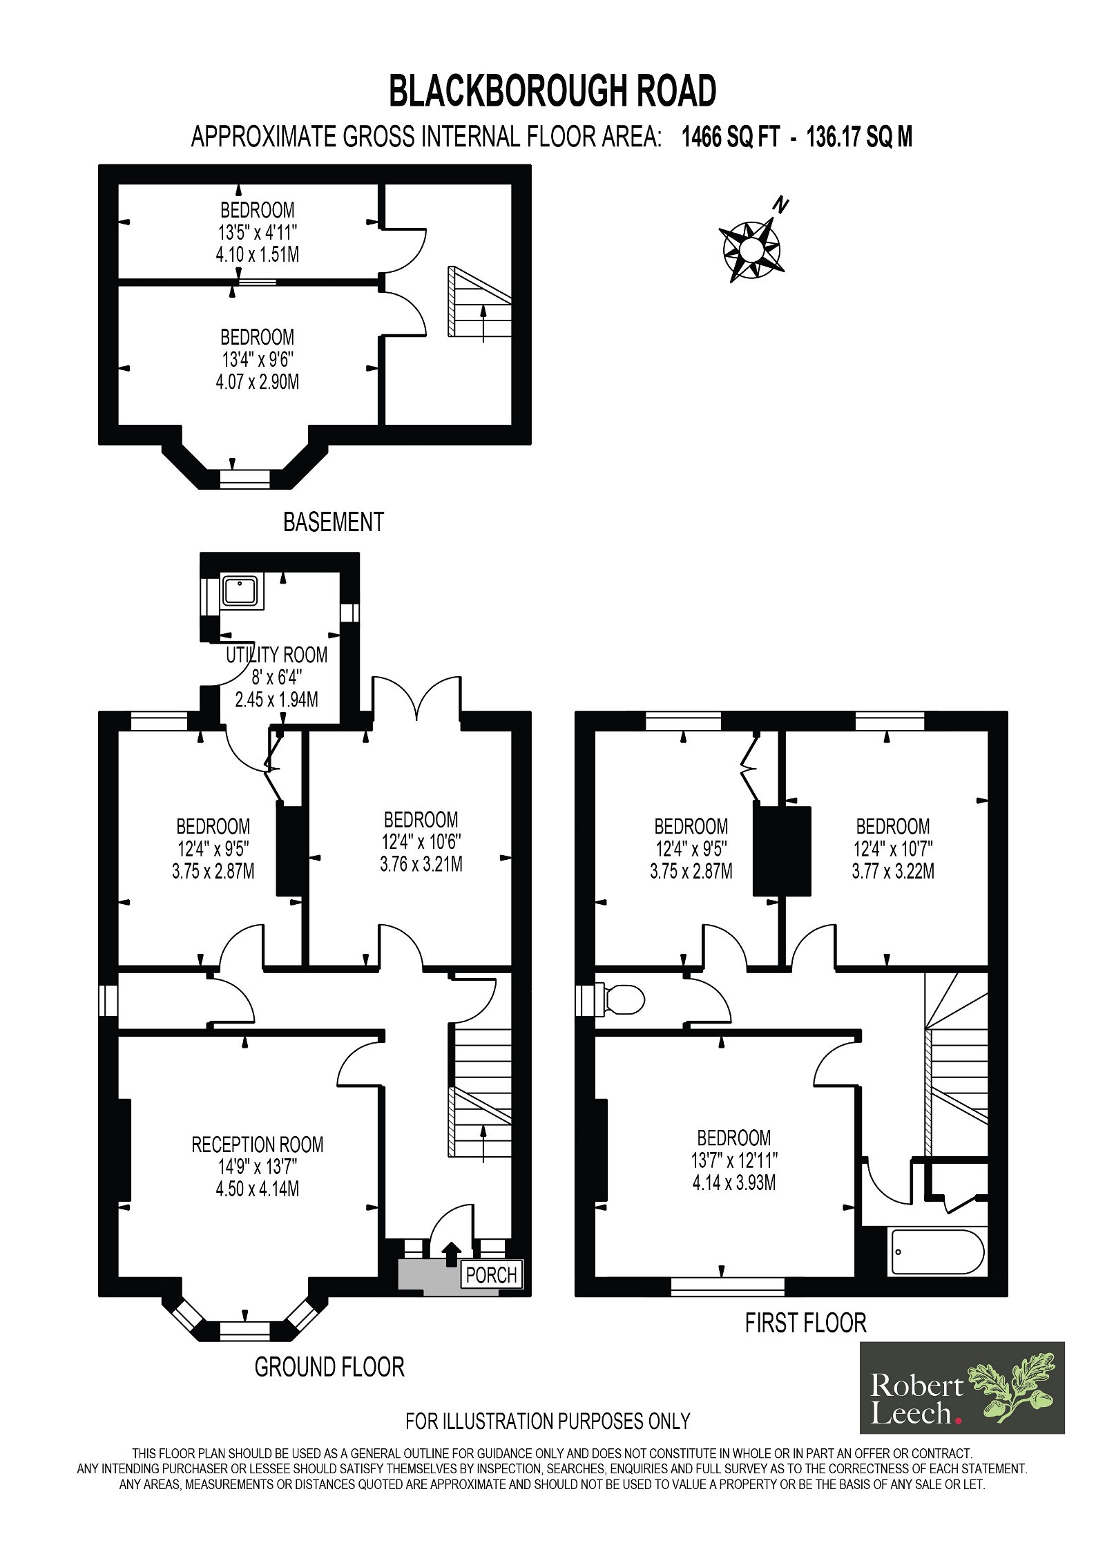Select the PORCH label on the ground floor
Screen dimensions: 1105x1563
[x=491, y=1274]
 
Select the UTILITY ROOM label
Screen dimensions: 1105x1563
[x=277, y=654]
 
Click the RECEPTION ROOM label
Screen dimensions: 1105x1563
[x=257, y=1144]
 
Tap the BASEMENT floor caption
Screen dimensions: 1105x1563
[x=333, y=521]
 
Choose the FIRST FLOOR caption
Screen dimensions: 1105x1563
[x=805, y=1323]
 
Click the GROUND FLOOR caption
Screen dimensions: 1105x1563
[x=329, y=1367]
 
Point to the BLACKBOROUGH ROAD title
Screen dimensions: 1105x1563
[x=552, y=91]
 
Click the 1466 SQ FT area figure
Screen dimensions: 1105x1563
[x=731, y=137]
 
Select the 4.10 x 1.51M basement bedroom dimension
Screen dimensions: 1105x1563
[x=257, y=254]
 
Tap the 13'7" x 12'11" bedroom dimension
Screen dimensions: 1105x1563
[x=733, y=1160]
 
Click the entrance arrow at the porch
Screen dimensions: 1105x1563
[x=451, y=1254]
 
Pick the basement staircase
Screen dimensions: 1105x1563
[x=480, y=301]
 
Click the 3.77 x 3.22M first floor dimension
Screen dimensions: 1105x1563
[x=893, y=871]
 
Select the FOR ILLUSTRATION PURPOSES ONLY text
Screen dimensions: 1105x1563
[x=548, y=1421]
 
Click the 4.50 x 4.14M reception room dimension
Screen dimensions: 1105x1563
[x=257, y=1189]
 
